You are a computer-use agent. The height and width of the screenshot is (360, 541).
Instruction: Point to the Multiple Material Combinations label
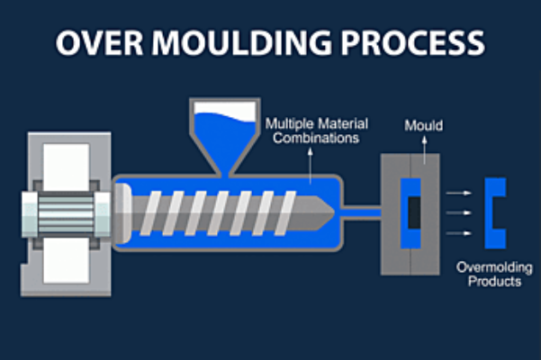pyautogui.click(x=314, y=130)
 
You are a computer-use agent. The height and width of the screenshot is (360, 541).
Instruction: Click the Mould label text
pyautogui.click(x=423, y=125)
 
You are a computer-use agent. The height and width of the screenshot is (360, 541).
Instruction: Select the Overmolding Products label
pyautogui.click(x=489, y=274)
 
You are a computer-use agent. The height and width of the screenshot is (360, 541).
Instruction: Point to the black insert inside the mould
pyautogui.click(x=413, y=212)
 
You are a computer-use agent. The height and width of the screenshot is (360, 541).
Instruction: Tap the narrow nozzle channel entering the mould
pyautogui.click(x=365, y=212)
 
